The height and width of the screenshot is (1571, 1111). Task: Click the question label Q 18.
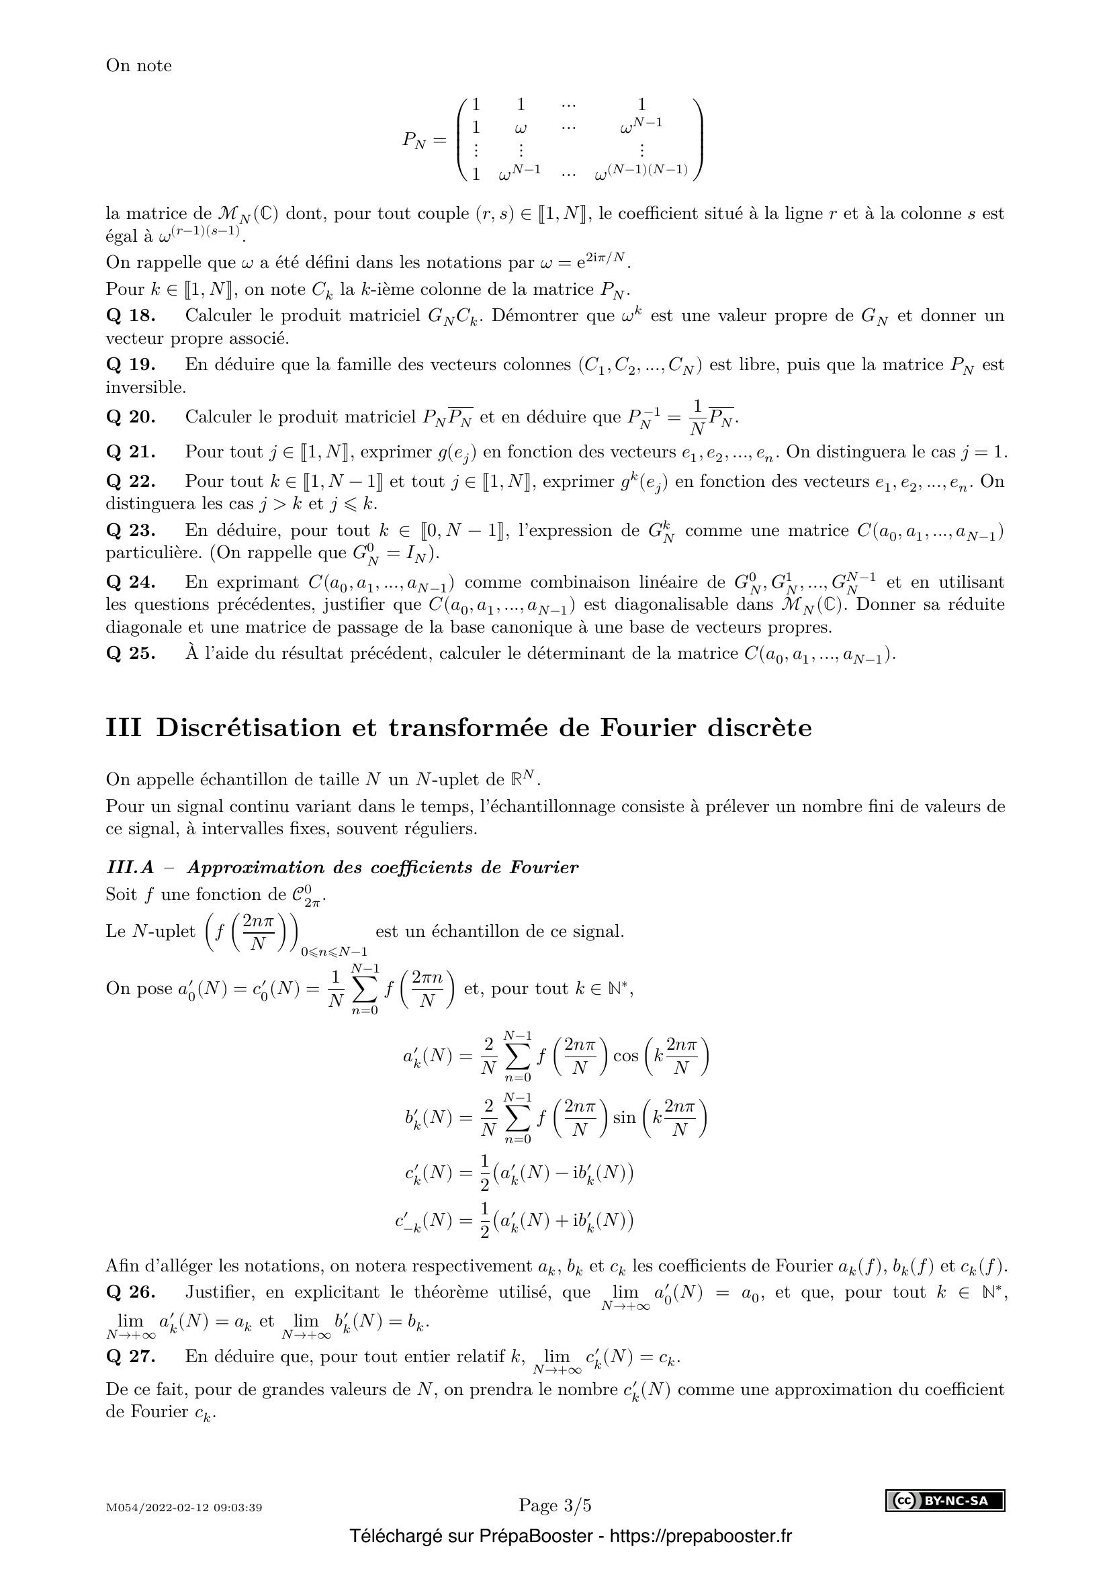coord(130,316)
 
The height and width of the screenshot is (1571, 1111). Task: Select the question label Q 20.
coord(130,416)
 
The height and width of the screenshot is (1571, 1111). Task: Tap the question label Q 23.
coord(130,531)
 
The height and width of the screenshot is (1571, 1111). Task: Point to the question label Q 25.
coord(130,654)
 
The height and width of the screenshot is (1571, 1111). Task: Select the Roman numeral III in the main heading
coord(124,727)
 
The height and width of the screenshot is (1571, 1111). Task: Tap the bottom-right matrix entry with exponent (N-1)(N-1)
coord(641,173)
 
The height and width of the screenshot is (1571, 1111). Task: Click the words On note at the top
coord(139,66)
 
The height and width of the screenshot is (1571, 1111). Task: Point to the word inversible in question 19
coord(136,388)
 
